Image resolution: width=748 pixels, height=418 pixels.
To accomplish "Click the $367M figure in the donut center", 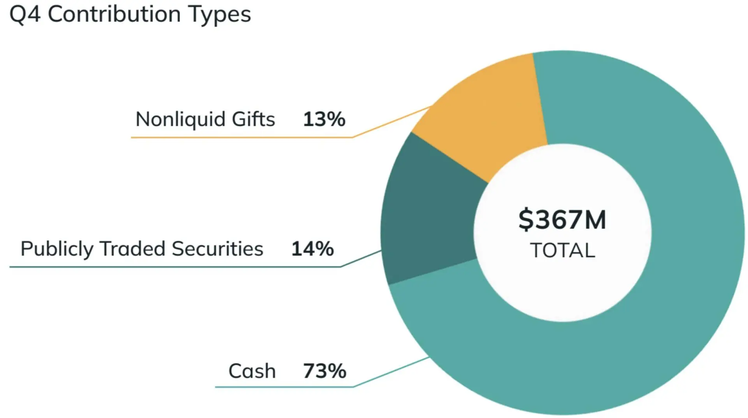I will click(x=562, y=220).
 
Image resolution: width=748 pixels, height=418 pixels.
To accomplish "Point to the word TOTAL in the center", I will click(x=562, y=250).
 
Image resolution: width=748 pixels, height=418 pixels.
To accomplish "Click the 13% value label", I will click(x=324, y=119).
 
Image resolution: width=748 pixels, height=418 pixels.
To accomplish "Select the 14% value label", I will click(x=312, y=249).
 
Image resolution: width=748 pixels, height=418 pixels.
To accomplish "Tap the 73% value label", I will click(x=325, y=371).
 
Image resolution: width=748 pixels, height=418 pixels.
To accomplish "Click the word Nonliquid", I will click(x=180, y=119).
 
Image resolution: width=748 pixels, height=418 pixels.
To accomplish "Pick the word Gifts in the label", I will click(x=253, y=119).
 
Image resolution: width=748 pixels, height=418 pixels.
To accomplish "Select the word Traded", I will click(x=132, y=249).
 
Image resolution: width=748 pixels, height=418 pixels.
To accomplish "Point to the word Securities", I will click(x=217, y=249).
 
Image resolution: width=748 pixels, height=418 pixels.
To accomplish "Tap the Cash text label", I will click(x=252, y=371).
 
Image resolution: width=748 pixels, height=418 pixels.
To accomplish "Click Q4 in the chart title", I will click(x=25, y=15).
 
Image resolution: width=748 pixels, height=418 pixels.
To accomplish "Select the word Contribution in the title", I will click(x=114, y=15).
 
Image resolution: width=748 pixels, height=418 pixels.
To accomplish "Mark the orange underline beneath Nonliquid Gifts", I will click(x=242, y=137).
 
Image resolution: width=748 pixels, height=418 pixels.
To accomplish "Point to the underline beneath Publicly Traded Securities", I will click(x=175, y=267).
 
